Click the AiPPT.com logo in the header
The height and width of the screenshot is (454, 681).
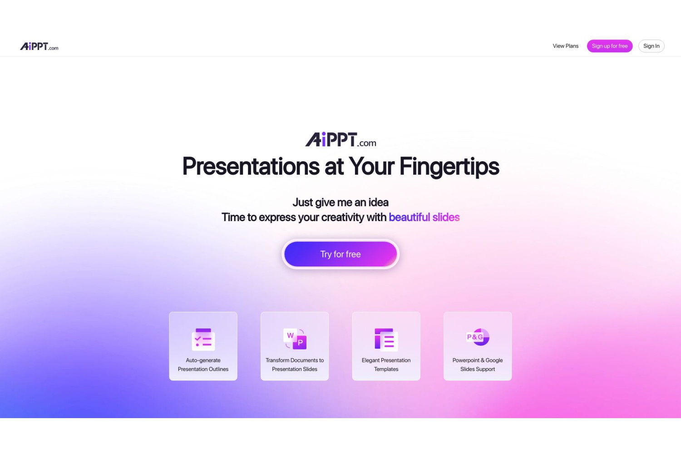tap(39, 46)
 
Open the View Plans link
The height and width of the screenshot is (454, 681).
tap(566, 46)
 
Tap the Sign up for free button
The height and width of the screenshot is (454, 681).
tap(610, 46)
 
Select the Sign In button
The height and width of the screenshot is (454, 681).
tap(651, 46)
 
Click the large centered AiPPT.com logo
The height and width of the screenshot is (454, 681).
tap(340, 139)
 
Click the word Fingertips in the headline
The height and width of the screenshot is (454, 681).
tap(449, 167)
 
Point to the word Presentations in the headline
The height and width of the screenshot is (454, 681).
tap(251, 166)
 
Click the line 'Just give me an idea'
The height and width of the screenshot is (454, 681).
tap(340, 202)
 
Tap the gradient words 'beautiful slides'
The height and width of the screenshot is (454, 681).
tap(424, 217)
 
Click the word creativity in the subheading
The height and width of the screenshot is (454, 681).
tap(342, 217)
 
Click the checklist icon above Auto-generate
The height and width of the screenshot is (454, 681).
tap(203, 339)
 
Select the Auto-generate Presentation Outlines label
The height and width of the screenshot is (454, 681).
tap(203, 365)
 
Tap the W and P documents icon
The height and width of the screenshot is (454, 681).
tap(295, 339)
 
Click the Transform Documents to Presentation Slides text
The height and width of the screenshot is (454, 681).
tap(295, 365)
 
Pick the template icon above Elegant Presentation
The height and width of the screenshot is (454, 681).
tap(386, 339)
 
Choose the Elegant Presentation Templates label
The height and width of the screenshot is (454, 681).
tap(386, 365)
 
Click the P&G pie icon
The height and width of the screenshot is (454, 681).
tap(478, 337)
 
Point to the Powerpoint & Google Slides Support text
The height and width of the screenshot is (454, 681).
tap(478, 365)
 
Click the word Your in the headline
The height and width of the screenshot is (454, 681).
tap(371, 166)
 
